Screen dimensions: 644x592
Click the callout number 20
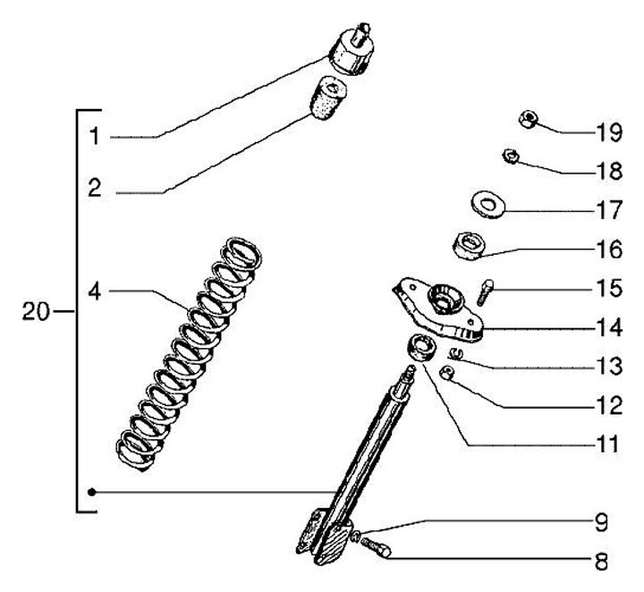35,311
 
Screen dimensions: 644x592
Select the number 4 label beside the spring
95,292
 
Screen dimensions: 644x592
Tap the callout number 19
609,132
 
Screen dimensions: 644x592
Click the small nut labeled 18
512,156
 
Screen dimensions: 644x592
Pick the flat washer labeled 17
487,205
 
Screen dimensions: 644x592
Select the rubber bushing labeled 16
469,246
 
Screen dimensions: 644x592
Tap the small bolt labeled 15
485,292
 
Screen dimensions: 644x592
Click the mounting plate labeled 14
437,309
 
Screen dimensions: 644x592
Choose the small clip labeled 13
457,352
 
